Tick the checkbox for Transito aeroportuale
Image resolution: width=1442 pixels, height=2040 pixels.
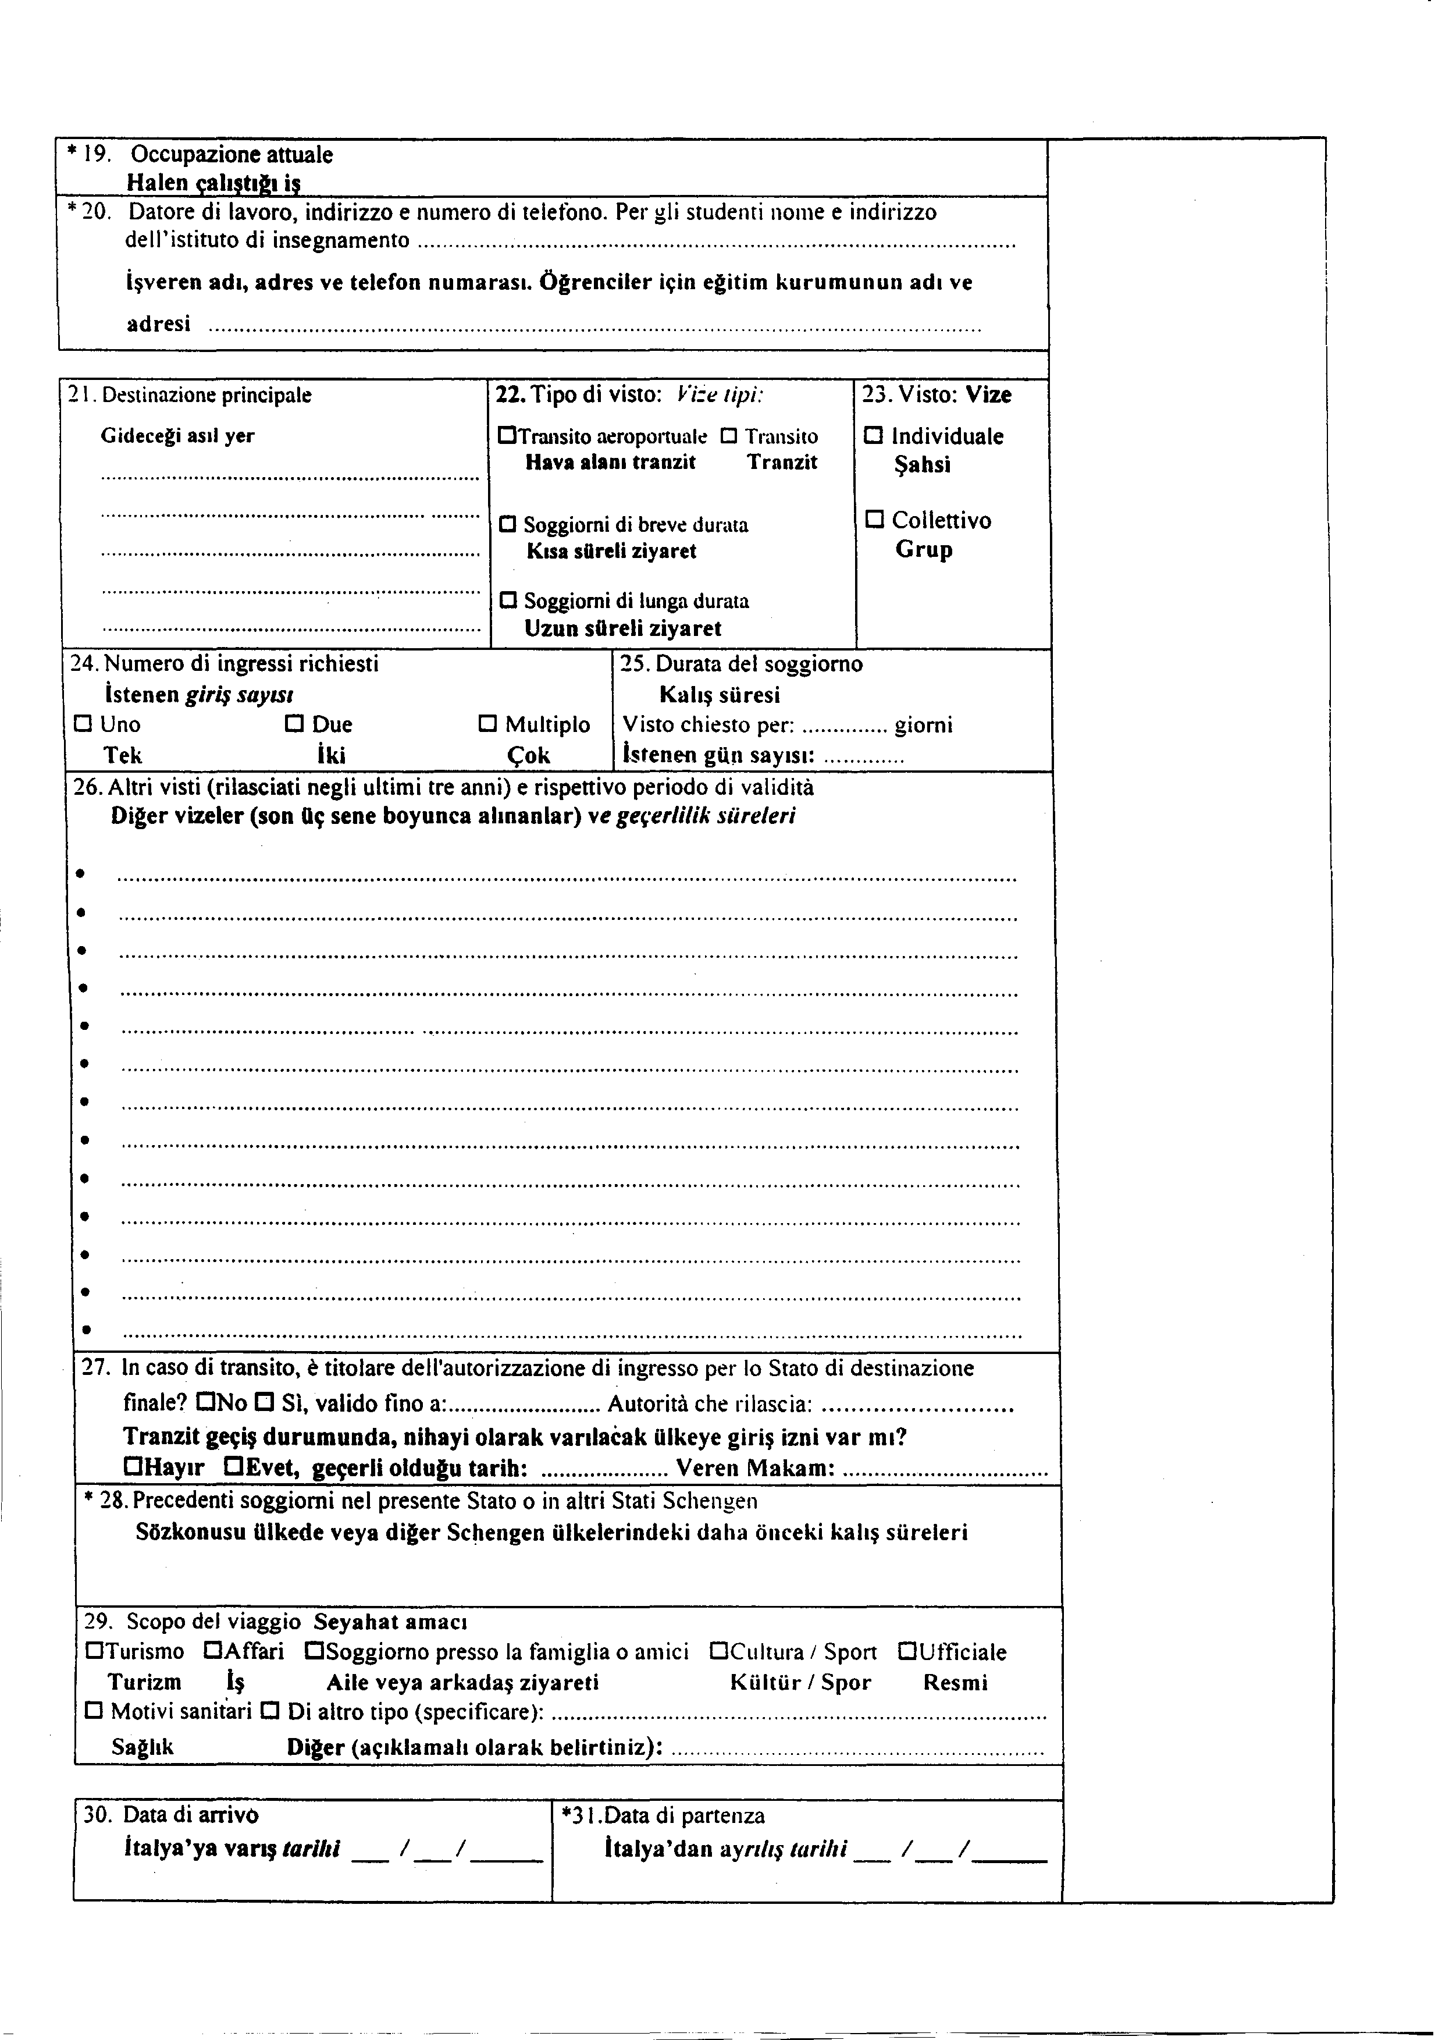(507, 436)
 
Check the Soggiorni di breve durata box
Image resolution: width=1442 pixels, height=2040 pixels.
(508, 525)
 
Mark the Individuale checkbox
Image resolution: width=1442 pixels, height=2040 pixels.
(874, 435)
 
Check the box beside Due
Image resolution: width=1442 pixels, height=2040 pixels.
(294, 724)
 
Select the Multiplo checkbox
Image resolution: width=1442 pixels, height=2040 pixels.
(488, 724)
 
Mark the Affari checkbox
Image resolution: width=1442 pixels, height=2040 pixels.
(212, 1652)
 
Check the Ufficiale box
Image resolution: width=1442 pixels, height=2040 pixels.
(907, 1652)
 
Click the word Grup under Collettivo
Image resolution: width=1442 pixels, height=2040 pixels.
(924, 549)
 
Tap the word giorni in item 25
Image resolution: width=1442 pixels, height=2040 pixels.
(924, 725)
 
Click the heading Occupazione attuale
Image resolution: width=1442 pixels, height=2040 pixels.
(232, 155)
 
